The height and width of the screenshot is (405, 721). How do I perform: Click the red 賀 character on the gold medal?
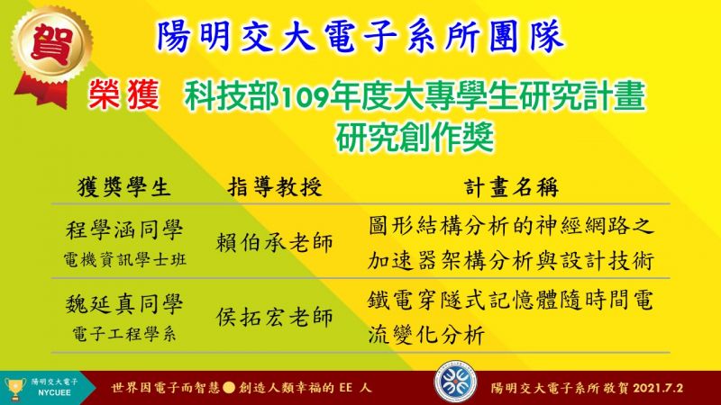[52, 44]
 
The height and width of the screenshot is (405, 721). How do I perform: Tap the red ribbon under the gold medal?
[42, 93]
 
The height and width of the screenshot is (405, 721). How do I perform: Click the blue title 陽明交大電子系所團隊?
[360, 36]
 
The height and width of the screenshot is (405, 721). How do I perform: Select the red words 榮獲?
[124, 94]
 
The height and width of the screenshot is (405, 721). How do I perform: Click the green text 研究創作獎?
[415, 137]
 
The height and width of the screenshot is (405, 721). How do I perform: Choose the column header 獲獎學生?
[124, 187]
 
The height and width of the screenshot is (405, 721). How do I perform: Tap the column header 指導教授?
[275, 187]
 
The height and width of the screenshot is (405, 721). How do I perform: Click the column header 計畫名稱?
[511, 187]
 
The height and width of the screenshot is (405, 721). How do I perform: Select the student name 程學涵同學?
[124, 229]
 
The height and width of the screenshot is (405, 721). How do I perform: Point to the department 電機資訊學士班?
[124, 260]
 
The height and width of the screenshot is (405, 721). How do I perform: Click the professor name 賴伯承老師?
[275, 243]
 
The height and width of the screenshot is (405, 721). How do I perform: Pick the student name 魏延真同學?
[124, 304]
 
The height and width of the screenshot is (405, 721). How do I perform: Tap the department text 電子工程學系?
[124, 334]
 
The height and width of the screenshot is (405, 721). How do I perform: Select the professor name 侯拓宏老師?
[275, 318]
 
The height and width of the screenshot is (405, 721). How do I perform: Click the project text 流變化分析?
[426, 335]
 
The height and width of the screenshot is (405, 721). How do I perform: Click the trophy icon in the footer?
[14, 389]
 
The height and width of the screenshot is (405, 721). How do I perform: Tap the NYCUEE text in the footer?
[54, 393]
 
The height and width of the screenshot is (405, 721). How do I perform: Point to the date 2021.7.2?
[658, 388]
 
